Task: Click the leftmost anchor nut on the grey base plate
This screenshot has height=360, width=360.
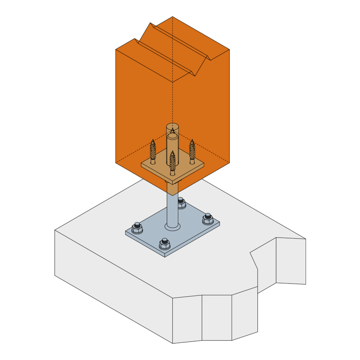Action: point(137,228)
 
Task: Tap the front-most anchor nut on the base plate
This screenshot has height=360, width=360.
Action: point(164,244)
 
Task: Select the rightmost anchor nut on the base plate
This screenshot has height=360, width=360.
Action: point(208,219)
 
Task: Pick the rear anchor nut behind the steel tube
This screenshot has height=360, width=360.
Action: point(181,203)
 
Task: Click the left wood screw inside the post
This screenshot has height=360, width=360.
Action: point(153,152)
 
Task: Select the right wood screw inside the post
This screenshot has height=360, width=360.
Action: point(192,152)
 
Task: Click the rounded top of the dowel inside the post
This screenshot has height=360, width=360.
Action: point(172,126)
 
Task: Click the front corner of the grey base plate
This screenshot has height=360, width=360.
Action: point(165,256)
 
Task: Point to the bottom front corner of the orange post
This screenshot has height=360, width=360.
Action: point(172,195)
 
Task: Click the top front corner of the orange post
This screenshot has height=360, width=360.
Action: point(172,82)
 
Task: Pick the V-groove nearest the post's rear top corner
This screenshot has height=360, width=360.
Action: point(180,41)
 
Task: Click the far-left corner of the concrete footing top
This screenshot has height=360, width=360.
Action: point(55,230)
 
